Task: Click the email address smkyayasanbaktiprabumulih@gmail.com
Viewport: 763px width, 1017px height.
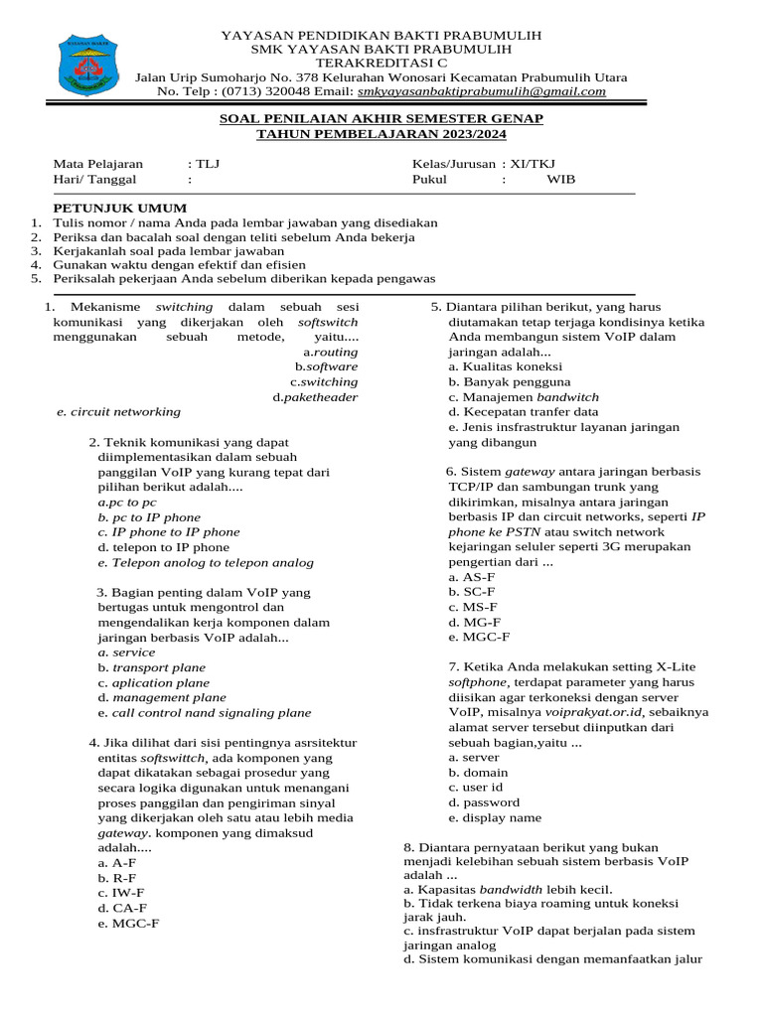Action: click(x=481, y=91)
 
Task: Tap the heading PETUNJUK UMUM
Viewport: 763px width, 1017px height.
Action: click(x=119, y=209)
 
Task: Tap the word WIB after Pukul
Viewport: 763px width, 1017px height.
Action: click(x=560, y=180)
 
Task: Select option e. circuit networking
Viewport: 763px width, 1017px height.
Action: click(x=119, y=411)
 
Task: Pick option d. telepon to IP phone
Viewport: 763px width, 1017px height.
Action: click(x=164, y=547)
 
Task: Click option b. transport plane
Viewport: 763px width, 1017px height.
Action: click(x=152, y=668)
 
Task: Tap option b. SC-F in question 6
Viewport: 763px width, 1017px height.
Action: click(x=473, y=591)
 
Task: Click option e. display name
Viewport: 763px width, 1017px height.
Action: click(x=495, y=817)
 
